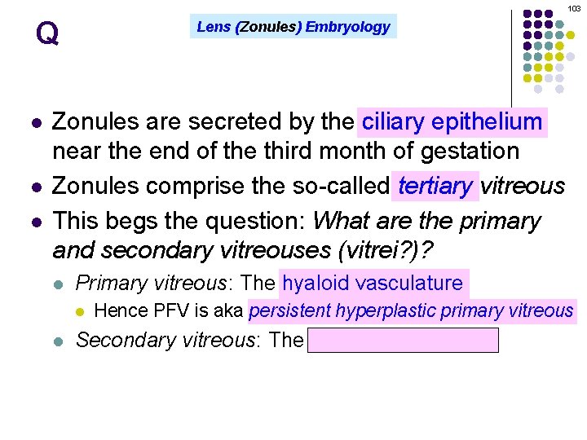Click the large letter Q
[47, 34]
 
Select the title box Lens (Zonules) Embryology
[293, 27]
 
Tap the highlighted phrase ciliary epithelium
[452, 122]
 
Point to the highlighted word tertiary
[435, 186]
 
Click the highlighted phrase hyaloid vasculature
[373, 283]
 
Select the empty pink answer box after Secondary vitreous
[403, 341]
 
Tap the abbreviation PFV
[168, 310]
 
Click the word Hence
[117, 310]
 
